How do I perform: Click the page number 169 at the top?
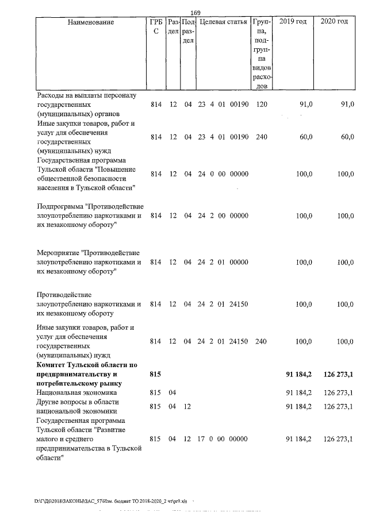pyautogui.click(x=194, y=13)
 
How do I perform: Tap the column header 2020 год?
pyautogui.click(x=335, y=22)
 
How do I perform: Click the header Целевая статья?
pyautogui.click(x=223, y=22)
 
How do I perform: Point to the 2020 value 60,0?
pyautogui.click(x=346, y=137)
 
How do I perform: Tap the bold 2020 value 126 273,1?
pyautogui.click(x=338, y=375)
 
